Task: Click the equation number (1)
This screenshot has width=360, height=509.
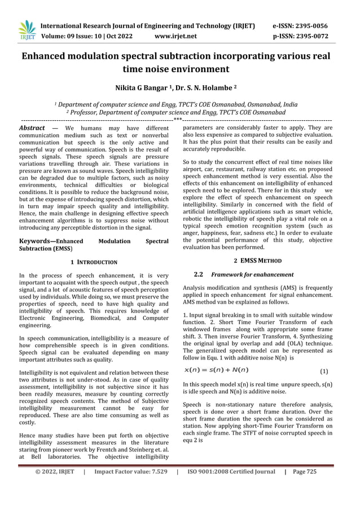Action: click(x=324, y=372)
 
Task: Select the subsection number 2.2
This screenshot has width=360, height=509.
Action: click(x=198, y=275)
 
